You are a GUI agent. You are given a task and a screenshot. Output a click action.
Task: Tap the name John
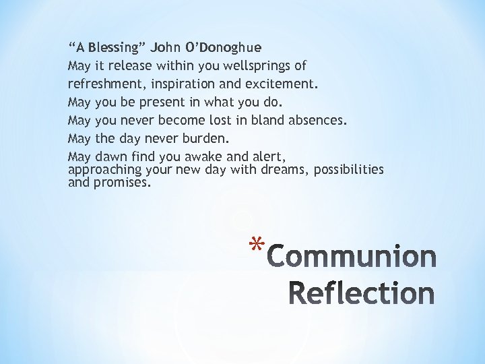(x=166, y=48)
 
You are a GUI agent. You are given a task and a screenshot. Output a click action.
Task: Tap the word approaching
(x=103, y=170)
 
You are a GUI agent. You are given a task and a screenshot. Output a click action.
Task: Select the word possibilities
(x=348, y=170)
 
